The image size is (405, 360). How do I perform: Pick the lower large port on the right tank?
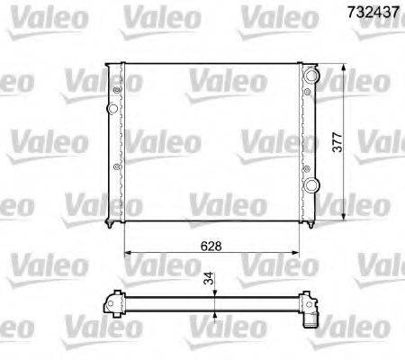click(x=311, y=185)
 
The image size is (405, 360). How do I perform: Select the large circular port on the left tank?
click(x=112, y=109)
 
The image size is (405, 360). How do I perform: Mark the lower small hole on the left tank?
click(x=116, y=168)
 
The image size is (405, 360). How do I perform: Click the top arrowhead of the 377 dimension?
click(x=347, y=68)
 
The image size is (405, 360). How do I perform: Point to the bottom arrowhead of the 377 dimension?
click(x=347, y=218)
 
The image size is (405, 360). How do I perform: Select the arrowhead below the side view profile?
click(x=216, y=312)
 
